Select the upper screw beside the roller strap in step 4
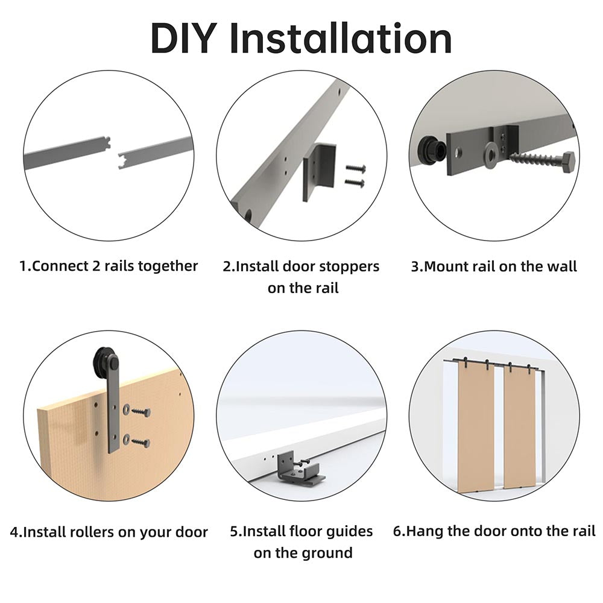tap(140, 412)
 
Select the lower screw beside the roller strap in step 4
tap(140, 442)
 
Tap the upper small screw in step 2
tap(354, 170)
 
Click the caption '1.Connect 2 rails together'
tap(109, 266)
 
